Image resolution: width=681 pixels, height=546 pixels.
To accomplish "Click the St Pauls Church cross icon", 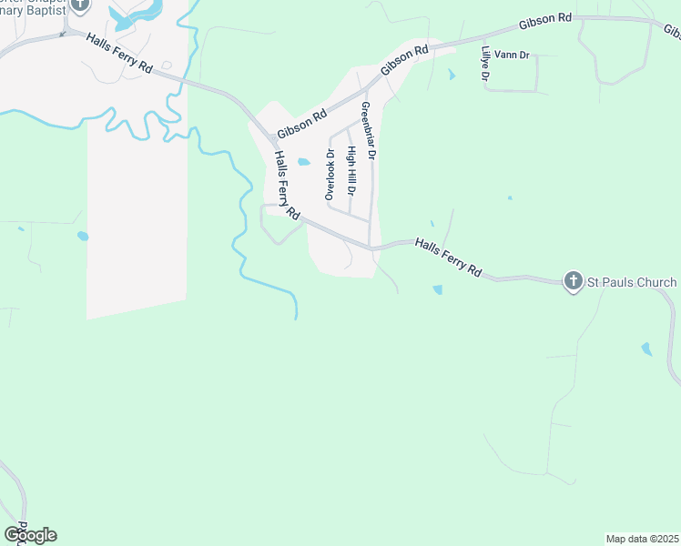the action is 573,281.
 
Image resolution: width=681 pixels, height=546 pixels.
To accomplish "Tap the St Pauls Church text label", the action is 631,282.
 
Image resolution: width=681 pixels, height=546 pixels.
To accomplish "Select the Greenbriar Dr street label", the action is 369,131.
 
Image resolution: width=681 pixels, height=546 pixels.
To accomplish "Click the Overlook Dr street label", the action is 330,174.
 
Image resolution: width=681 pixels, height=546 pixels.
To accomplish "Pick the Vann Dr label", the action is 512,55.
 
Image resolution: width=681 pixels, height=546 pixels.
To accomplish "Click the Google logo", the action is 30,535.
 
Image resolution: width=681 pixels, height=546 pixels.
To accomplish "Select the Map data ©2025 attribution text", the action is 643,539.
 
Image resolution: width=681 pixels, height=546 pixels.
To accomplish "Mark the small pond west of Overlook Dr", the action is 304,163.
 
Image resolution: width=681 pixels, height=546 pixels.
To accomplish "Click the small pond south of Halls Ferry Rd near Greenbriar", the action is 438,290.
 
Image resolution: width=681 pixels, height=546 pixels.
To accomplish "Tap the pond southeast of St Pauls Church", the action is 646,349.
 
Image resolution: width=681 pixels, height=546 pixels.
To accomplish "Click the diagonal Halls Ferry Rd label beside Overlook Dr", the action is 287,185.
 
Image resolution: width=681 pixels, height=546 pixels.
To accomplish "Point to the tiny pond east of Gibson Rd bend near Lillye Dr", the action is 452,76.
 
